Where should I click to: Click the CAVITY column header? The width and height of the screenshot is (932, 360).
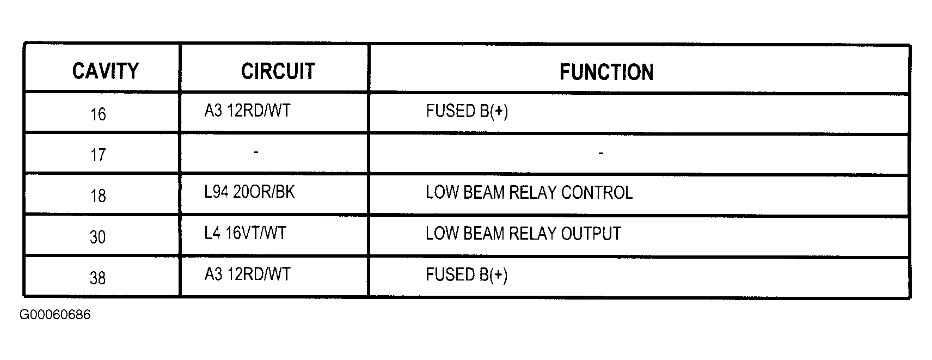tap(105, 71)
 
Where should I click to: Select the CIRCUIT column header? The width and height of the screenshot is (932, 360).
tap(278, 71)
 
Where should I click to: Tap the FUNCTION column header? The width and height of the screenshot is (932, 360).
tap(606, 72)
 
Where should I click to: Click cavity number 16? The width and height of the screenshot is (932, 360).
tap(98, 114)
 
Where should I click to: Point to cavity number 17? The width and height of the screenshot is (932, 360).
tap(98, 155)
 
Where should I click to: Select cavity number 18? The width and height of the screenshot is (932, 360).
tap(98, 196)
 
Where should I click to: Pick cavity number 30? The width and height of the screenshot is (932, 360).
tap(98, 237)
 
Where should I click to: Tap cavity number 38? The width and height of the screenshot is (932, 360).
tap(98, 278)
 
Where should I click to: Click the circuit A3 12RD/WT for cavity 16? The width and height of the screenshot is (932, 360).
tap(247, 111)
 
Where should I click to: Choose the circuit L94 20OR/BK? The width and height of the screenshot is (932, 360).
tap(249, 192)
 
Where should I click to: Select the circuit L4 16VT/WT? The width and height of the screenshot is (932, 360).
tap(245, 233)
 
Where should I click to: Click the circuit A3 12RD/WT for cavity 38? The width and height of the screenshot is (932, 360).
tap(247, 274)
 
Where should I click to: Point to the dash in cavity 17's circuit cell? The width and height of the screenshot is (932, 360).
tap(256, 152)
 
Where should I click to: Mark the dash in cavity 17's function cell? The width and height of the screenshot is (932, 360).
tap(601, 153)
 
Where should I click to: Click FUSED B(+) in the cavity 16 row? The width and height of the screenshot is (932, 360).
tap(467, 111)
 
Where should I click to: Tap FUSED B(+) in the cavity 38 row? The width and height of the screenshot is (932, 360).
tap(467, 274)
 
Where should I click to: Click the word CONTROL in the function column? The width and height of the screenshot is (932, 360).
tap(597, 193)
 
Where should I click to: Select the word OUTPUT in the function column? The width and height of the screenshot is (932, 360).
tap(591, 234)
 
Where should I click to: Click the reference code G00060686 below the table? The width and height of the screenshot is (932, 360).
tap(55, 315)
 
